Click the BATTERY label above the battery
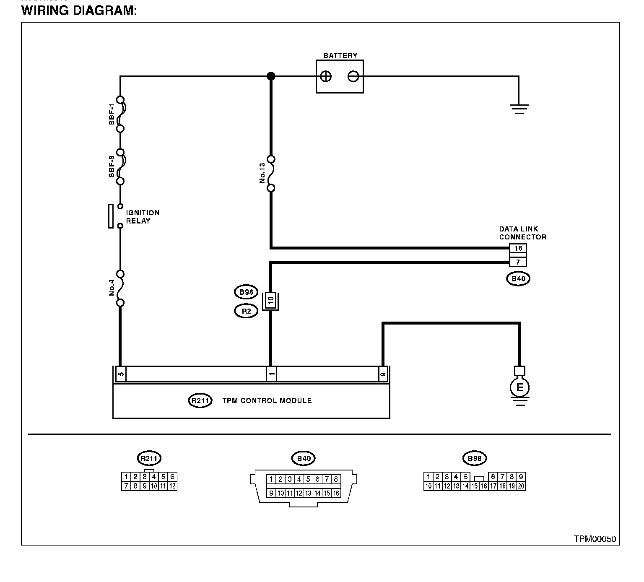coord(340,56)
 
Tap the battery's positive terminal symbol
coord(326,76)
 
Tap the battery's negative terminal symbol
coord(353,76)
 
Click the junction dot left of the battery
coord(271,76)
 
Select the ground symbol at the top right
coord(519,109)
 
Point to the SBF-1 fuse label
coord(112,114)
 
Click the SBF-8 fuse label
coord(112,166)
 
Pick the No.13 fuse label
coord(262,173)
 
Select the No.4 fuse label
coord(112,288)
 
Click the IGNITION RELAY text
coord(143,217)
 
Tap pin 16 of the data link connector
coord(518,248)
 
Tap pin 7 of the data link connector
coord(518,262)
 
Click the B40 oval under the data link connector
coord(518,278)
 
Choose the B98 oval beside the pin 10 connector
coord(246,292)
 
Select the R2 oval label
coord(246,311)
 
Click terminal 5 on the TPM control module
coord(121,374)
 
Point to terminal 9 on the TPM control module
coord(382,374)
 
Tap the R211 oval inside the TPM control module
coord(200,400)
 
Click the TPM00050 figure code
coord(595,539)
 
